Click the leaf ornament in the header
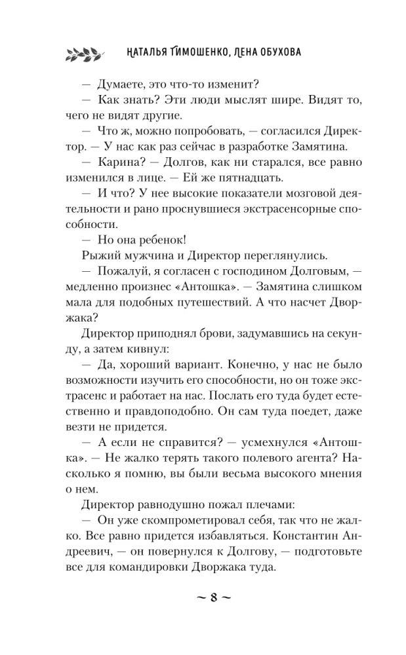[84, 52]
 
